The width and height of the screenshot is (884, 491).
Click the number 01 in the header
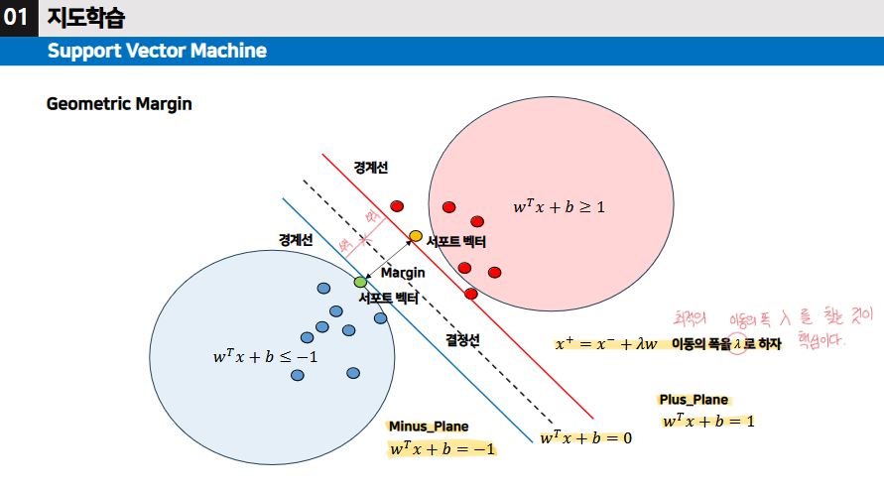pos(17,18)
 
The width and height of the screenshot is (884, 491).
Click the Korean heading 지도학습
pos(87,18)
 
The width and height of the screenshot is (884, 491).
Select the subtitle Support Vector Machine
pos(157,51)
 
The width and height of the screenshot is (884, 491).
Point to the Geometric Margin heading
pos(119,104)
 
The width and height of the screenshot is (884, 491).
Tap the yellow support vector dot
pos(416,235)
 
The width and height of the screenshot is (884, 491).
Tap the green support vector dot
pos(360,283)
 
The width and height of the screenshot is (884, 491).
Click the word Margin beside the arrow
pos(403,272)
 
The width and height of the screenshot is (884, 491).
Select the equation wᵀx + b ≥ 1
pos(559,207)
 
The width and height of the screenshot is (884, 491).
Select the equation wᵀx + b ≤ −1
pos(265,355)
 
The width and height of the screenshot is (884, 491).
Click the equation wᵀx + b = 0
pos(585,437)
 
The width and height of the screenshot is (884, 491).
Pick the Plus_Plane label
pos(694,400)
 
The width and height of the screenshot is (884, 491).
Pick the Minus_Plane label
pos(429,427)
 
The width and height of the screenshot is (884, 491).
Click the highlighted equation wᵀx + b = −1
pos(442,448)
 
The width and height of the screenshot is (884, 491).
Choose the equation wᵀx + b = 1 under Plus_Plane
pos(708,421)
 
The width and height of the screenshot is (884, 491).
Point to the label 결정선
pos(462,339)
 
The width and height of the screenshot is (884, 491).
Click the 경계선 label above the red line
pos(371,168)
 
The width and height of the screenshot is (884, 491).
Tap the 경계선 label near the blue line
pos(295,240)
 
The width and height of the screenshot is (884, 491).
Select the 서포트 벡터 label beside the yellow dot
pos(456,240)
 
